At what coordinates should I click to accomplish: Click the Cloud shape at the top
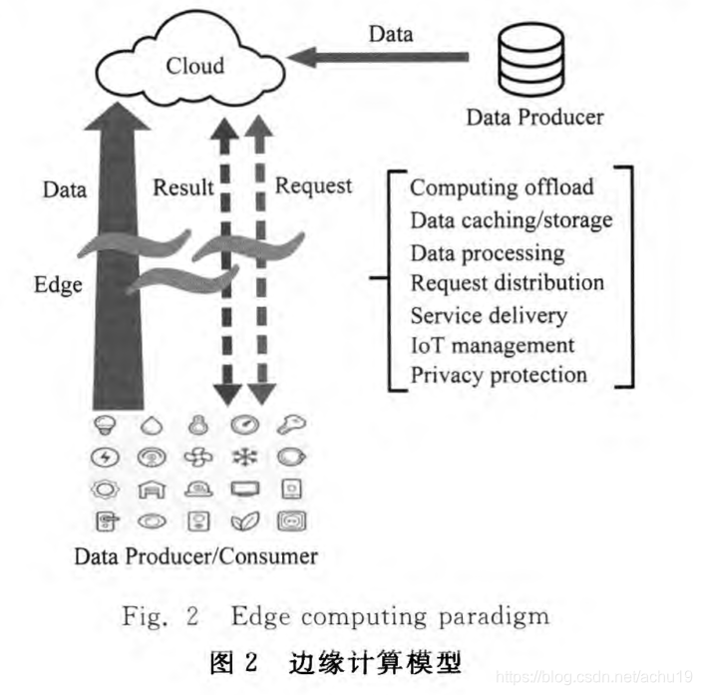(x=195, y=65)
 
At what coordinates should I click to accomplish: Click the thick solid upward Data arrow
(x=117, y=249)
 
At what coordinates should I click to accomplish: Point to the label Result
(x=181, y=186)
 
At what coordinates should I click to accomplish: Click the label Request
(x=313, y=185)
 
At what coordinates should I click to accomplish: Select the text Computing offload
(x=502, y=187)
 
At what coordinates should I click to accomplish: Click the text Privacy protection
(x=499, y=376)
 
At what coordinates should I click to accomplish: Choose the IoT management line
(x=493, y=345)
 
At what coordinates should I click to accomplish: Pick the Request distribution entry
(x=507, y=283)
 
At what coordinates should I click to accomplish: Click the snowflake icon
(x=243, y=457)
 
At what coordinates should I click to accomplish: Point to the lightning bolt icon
(x=105, y=457)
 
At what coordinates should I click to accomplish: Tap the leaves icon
(x=243, y=521)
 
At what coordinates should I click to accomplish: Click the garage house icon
(x=152, y=489)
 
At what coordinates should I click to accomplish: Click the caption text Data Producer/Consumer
(x=195, y=555)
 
